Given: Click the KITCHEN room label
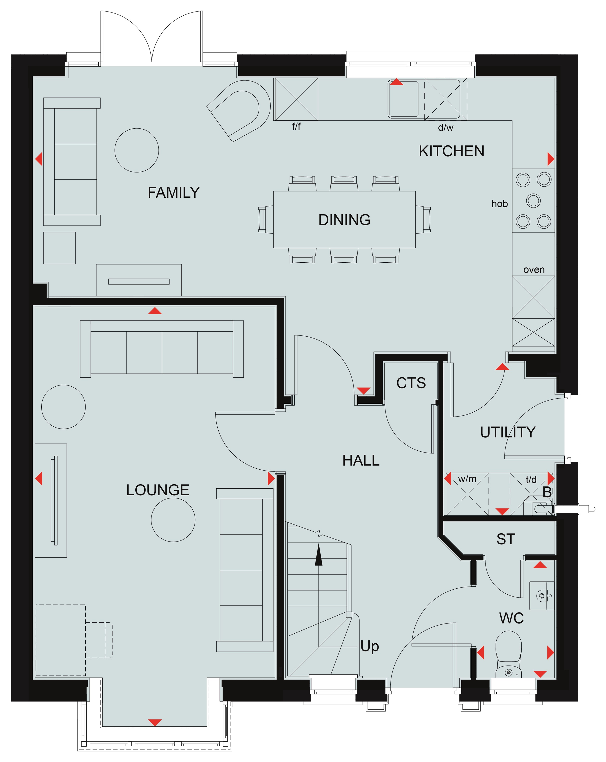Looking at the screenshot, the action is (452, 151).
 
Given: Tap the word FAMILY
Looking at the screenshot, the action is (174, 193).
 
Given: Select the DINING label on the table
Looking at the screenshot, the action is (344, 220).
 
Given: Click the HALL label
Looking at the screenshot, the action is (361, 460).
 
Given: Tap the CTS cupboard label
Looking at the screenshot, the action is (411, 383).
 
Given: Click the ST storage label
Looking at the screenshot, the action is (505, 539).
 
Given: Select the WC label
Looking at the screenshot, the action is (511, 618).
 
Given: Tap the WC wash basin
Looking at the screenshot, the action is (542, 596).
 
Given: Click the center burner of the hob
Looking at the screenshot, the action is (534, 200).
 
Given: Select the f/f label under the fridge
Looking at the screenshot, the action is (296, 126).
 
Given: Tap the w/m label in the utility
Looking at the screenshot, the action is (467, 479).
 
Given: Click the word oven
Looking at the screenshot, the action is (534, 270).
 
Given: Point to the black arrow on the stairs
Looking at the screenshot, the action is (319, 555).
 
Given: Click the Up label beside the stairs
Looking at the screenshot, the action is (370, 646).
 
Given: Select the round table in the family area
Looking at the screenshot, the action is (137, 150).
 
